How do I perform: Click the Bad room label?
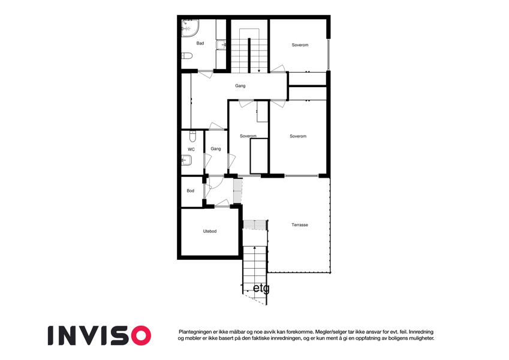pyautogui.click(x=200, y=43)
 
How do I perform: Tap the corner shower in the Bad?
pyautogui.click(x=189, y=28)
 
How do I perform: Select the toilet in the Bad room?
pyautogui.click(x=186, y=56)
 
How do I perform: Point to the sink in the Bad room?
pyautogui.click(x=221, y=44)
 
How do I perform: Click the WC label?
pyautogui.click(x=191, y=149)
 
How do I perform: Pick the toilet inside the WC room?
pyautogui.click(x=192, y=136)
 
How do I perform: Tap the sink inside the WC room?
pyautogui.click(x=186, y=160)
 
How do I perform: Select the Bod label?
pyautogui.click(x=190, y=191)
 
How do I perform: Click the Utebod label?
pyautogui.click(x=210, y=232)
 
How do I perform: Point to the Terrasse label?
pyautogui.click(x=300, y=225)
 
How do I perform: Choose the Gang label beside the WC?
pyautogui.click(x=216, y=149)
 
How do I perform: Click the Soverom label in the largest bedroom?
pyautogui.click(x=298, y=136)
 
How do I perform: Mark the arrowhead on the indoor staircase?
pyautogui.click(x=259, y=71)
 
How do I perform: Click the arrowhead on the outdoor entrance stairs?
pyautogui.click(x=254, y=248)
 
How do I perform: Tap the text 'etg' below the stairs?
pyautogui.click(x=261, y=288)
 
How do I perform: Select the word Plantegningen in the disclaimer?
pyautogui.click(x=194, y=332)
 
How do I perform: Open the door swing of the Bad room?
pyautogui.click(x=206, y=74)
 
